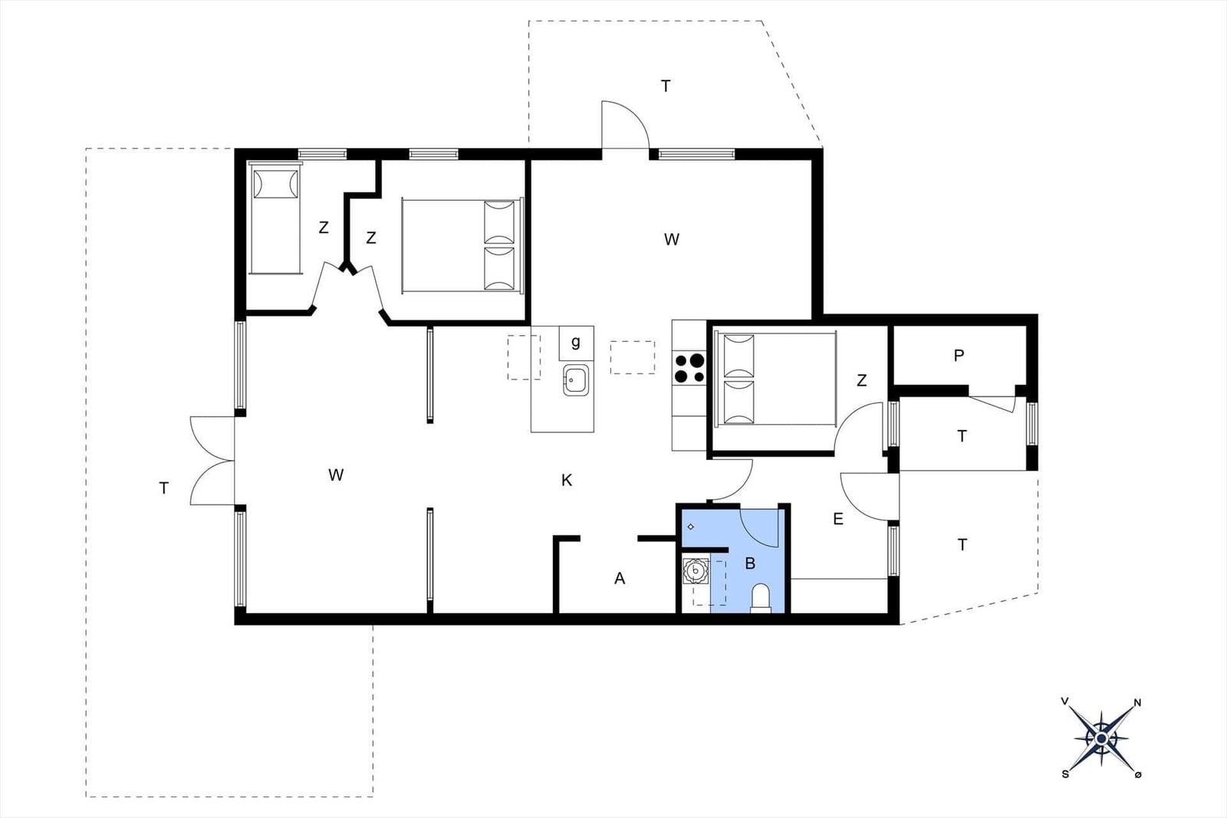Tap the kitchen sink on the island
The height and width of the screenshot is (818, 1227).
pos(576,380)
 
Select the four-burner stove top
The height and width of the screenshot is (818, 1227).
pos(689,367)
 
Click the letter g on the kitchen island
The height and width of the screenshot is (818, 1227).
pos(576,342)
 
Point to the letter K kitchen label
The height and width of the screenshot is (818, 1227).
pos(567,481)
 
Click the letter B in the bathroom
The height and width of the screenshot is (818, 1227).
pos(750,563)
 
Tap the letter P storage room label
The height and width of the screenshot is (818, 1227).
pos(959,356)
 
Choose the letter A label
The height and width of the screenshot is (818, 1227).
pos(620,579)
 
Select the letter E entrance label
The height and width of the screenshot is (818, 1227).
pos(838,519)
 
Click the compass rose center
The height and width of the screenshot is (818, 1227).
pos(1101,738)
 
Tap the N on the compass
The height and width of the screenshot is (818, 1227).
pos(1137,702)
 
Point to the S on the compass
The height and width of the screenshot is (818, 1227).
pos(1065,774)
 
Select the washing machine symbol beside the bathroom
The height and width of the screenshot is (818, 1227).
pos(696,571)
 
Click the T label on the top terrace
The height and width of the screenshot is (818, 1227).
pos(666,87)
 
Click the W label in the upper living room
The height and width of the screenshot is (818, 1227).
pos(672,240)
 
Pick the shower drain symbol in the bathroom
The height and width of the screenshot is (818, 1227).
pos(691,527)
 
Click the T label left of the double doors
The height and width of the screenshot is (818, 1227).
pos(163,488)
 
